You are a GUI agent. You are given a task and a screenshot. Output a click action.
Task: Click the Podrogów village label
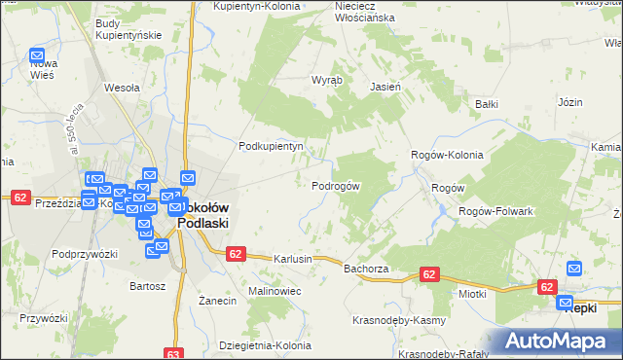(x=336, y=186)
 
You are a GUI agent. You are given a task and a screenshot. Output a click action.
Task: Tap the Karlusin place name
(x=292, y=260)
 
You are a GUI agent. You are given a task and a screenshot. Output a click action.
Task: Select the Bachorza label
(x=366, y=268)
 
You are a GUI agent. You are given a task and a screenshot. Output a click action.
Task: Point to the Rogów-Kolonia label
(x=447, y=155)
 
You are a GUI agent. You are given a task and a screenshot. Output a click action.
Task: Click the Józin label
(x=569, y=101)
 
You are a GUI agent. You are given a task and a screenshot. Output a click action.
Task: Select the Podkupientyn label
(x=272, y=146)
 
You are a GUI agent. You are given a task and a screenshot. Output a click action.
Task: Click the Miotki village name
(x=471, y=293)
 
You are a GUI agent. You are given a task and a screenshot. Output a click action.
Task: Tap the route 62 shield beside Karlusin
(x=235, y=253)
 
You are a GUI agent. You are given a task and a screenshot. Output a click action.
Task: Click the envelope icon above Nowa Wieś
(x=38, y=56)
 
